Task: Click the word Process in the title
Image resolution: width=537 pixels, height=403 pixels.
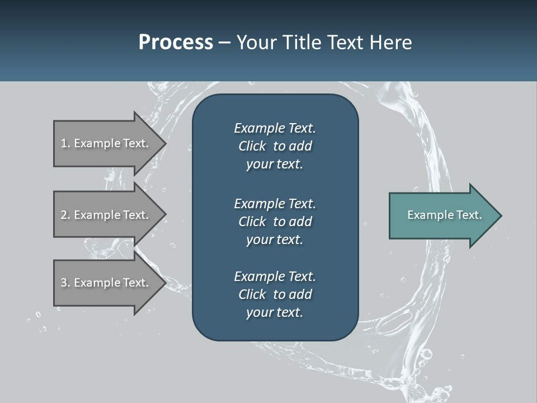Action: coord(176,42)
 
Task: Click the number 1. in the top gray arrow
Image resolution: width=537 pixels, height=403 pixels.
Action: coord(65,143)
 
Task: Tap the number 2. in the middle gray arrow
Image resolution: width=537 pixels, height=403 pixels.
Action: coord(65,215)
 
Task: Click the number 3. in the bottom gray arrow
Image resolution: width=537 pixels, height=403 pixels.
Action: coord(65,283)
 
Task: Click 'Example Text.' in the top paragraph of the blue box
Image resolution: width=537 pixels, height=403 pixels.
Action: coord(275,128)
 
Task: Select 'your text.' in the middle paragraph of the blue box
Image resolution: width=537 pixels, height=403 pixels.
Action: coord(275,240)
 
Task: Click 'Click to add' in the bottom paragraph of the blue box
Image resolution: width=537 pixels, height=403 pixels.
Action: coord(275,294)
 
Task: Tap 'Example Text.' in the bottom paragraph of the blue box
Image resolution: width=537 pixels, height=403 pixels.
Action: coord(275,277)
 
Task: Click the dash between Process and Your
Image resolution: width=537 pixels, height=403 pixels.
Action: coord(224,42)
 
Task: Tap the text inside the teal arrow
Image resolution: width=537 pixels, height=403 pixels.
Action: coord(444,215)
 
